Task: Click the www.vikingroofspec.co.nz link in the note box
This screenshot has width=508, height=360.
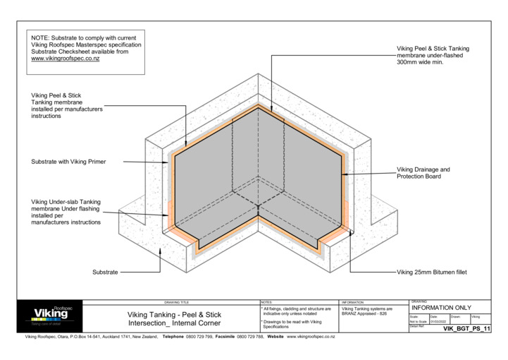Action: (65, 59)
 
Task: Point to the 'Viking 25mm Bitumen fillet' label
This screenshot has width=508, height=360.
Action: (433, 272)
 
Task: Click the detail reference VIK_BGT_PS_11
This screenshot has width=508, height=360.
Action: (466, 330)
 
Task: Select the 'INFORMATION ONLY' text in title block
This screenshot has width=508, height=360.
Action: (441, 308)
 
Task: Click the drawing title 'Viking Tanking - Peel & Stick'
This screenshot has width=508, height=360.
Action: (174, 314)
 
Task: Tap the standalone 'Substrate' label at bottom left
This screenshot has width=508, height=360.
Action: (105, 272)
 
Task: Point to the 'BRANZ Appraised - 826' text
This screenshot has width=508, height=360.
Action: (364, 313)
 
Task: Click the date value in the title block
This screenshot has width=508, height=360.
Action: (438, 322)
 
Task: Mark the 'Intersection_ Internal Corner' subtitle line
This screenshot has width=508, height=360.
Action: (174, 323)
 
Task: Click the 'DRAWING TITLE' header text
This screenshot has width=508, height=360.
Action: (176, 301)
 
